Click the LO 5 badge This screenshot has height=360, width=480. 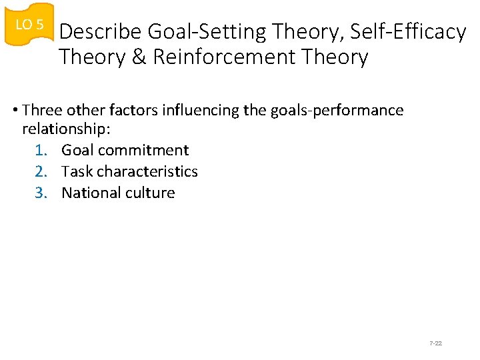click(29, 25)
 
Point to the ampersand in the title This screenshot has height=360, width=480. click(139, 57)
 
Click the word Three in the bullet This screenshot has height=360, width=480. click(43, 110)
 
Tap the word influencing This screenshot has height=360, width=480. click(206, 110)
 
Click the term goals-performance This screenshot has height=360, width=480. click(337, 110)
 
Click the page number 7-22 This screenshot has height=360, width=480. click(436, 343)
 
